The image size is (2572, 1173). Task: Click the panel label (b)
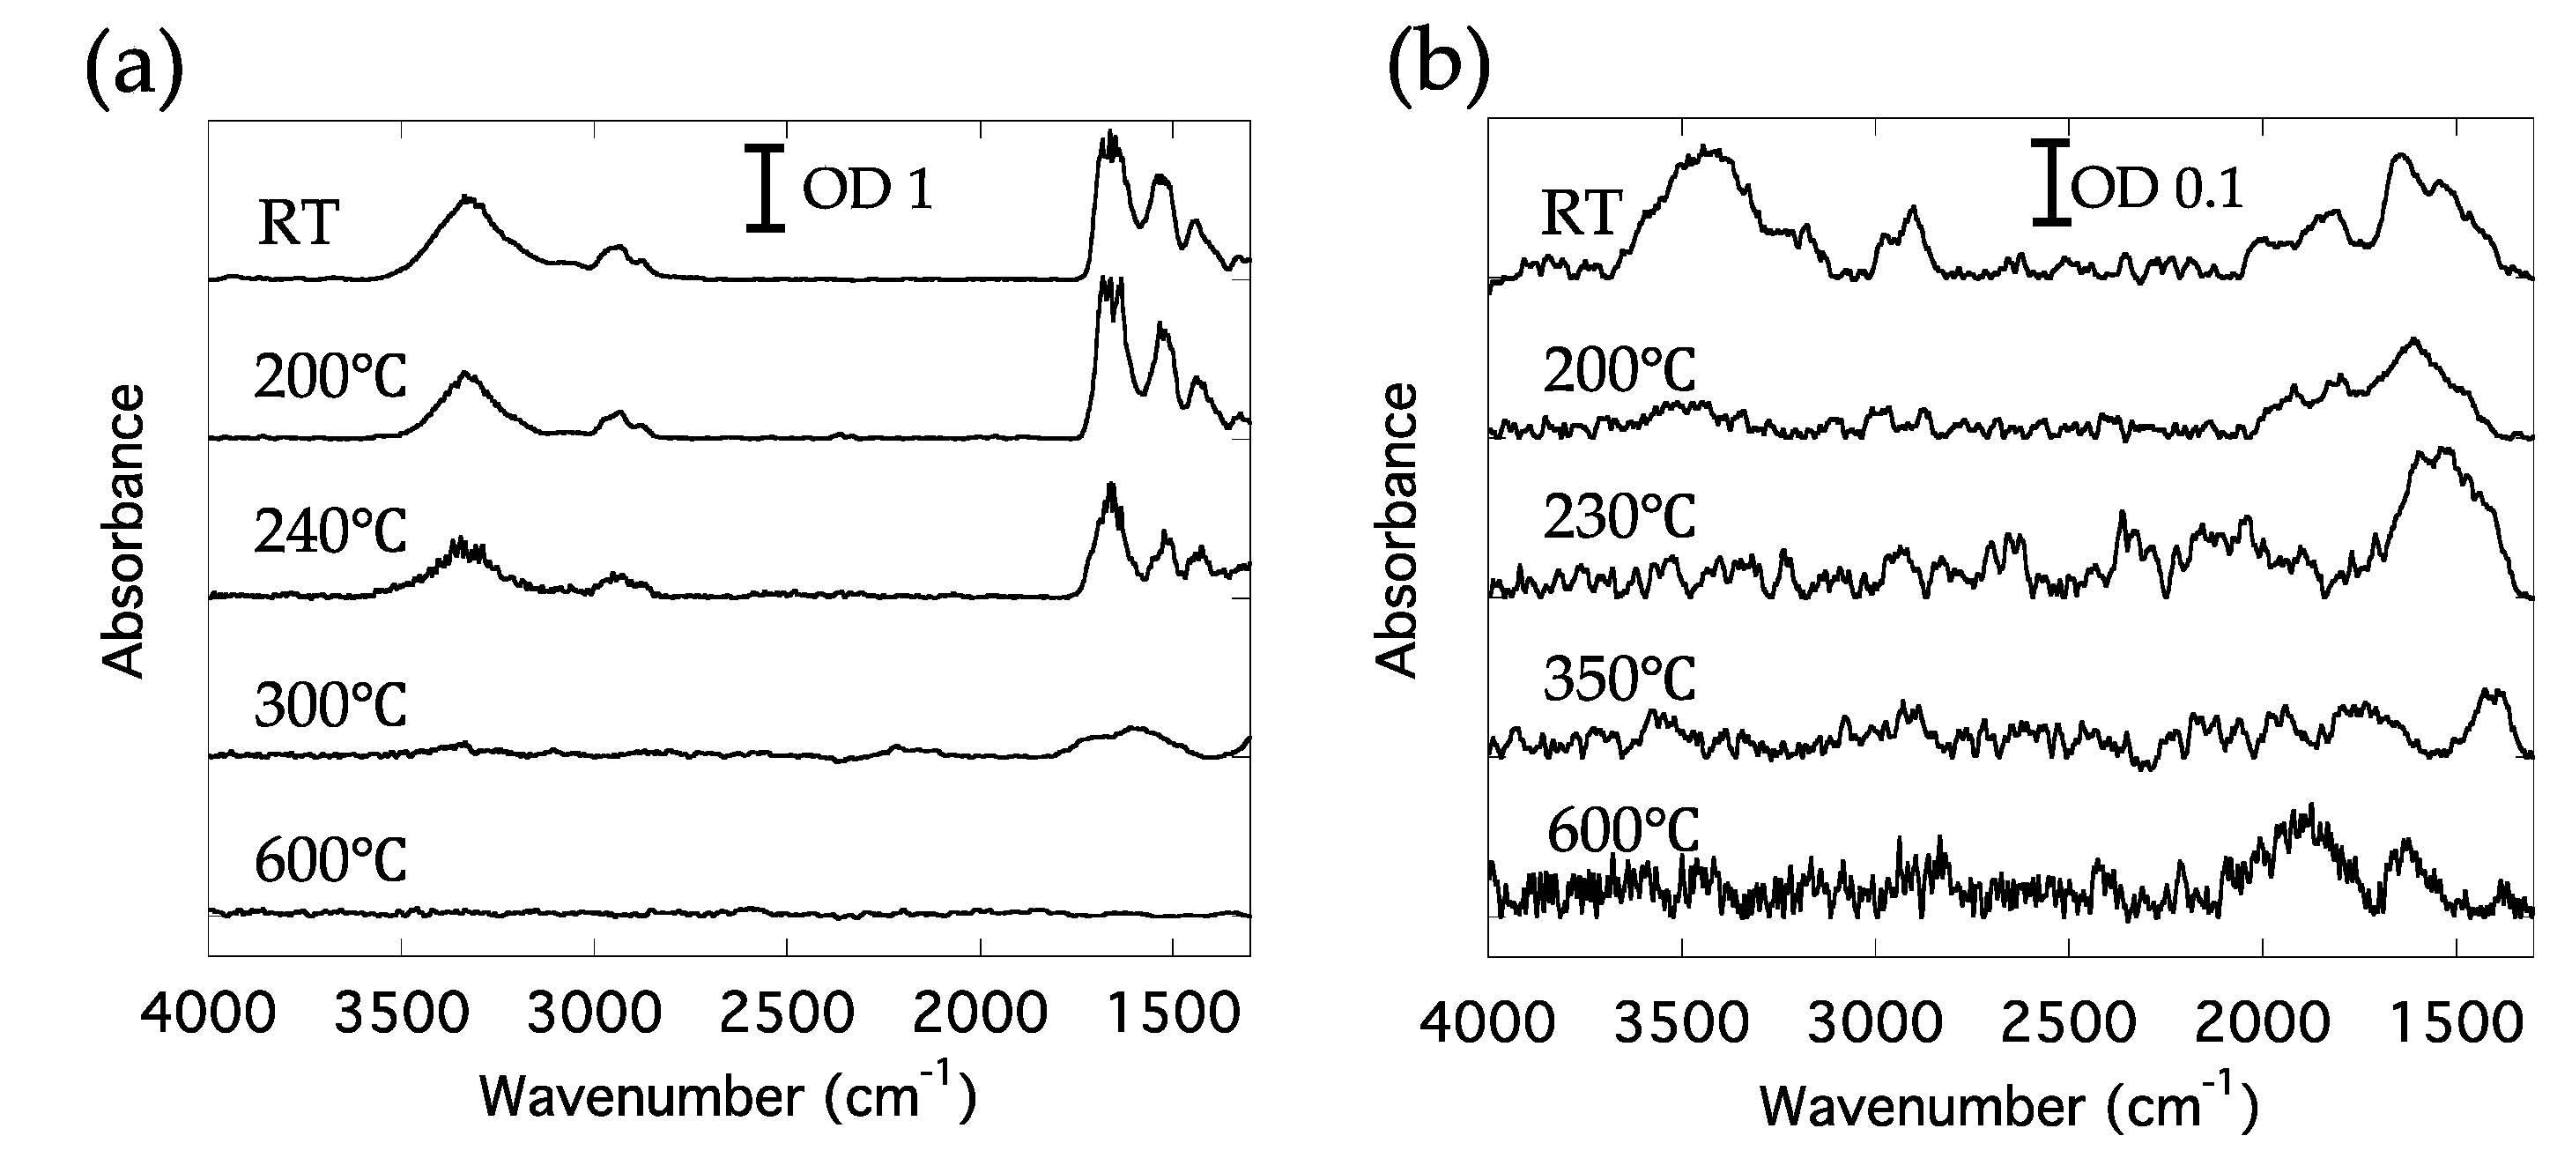click(1439, 65)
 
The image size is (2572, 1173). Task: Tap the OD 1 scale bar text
click(868, 189)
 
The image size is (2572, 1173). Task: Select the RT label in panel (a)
click(299, 221)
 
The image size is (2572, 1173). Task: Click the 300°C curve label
click(330, 705)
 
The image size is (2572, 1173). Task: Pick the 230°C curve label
click(1619, 517)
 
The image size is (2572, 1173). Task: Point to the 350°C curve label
click(1619, 679)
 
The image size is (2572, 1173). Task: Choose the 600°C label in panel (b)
click(1622, 830)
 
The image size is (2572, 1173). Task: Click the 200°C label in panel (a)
click(330, 375)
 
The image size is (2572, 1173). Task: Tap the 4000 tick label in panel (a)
click(208, 1013)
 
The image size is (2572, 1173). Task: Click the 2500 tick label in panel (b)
click(2068, 1024)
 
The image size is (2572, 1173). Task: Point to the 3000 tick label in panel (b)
click(1874, 1024)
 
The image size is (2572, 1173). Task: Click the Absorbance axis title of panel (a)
click(125, 531)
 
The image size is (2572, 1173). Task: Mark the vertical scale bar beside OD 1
click(765, 189)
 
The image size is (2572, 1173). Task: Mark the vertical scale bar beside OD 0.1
click(2050, 182)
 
